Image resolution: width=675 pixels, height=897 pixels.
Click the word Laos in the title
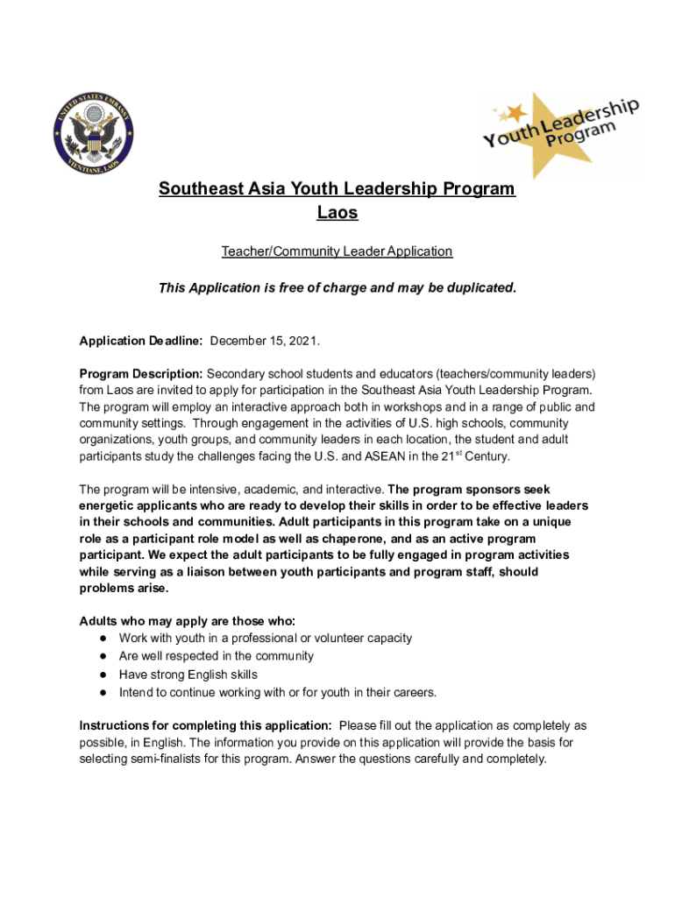(337, 213)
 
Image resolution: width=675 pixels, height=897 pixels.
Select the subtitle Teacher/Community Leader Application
(337, 251)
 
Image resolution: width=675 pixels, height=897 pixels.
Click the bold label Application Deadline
(141, 340)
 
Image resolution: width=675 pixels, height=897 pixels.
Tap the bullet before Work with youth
(103, 639)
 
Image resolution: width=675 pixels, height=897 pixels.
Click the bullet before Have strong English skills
(103, 675)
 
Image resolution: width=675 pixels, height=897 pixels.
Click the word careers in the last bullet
(410, 693)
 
